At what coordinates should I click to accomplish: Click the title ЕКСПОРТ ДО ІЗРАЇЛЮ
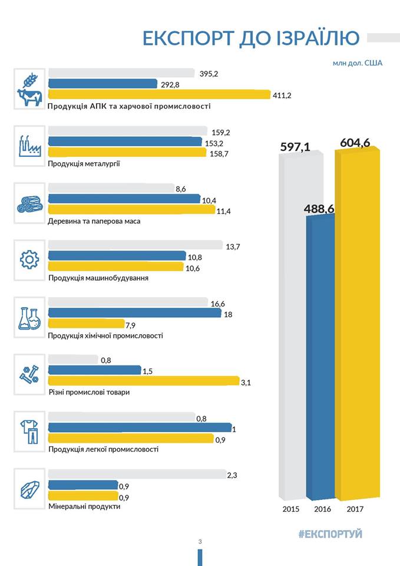pos(251,38)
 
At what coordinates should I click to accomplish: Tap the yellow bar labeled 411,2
pos(158,94)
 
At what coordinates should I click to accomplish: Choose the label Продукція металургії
pos(84,163)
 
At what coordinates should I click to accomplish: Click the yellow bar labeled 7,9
pos(86,324)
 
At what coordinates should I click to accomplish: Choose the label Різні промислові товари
pos(88,393)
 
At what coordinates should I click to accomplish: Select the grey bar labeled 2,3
pos(136,475)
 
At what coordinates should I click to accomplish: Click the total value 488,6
pos(319,209)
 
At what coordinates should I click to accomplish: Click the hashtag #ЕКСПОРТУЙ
pos(330,534)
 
